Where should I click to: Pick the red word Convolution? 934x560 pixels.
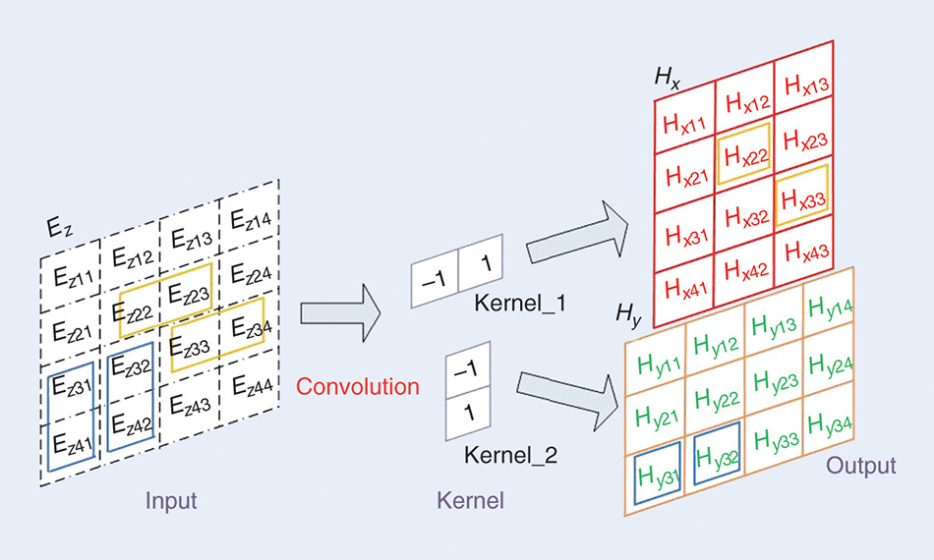click(358, 386)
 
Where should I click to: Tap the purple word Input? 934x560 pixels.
click(171, 500)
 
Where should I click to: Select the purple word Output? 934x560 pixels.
click(861, 465)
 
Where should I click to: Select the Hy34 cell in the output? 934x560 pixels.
click(832, 423)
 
